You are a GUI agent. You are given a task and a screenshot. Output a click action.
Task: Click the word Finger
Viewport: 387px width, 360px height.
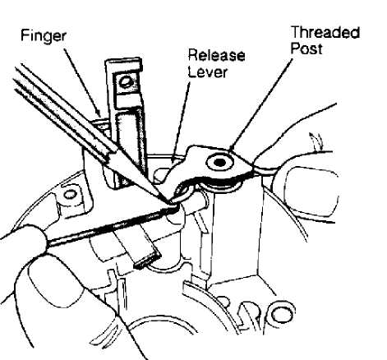(x=44, y=36)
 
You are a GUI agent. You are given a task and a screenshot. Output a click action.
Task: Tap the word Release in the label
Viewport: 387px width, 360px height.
(x=216, y=55)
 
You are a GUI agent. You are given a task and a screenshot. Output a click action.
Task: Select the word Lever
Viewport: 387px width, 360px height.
(x=209, y=72)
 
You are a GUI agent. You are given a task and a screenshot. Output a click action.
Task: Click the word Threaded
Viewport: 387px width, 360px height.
(x=325, y=33)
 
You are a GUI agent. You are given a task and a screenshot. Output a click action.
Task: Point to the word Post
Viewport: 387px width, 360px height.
(x=306, y=48)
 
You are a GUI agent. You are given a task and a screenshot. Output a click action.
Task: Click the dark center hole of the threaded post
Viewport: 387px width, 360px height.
(x=219, y=163)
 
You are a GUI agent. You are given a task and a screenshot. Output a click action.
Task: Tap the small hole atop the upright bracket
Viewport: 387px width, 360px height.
(x=127, y=82)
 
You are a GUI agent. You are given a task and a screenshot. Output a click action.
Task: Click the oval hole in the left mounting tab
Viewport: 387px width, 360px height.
(x=70, y=194)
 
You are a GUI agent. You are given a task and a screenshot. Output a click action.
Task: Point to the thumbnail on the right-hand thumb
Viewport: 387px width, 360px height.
(x=311, y=192)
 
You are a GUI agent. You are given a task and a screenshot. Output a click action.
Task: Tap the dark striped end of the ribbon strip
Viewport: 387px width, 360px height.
(x=147, y=261)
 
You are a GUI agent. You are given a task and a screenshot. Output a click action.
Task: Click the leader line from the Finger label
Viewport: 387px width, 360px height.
(x=81, y=82)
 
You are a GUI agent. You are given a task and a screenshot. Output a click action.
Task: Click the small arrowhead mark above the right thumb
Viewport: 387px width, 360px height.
(x=315, y=139)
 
